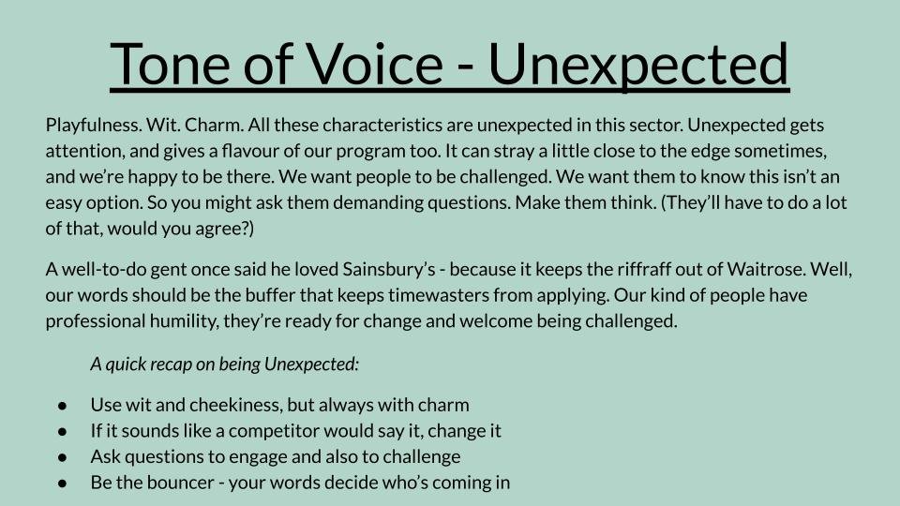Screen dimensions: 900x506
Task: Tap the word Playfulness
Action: tap(94, 125)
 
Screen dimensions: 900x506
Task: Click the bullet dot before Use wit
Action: tap(62, 406)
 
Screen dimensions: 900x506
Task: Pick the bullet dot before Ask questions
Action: tap(62, 457)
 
